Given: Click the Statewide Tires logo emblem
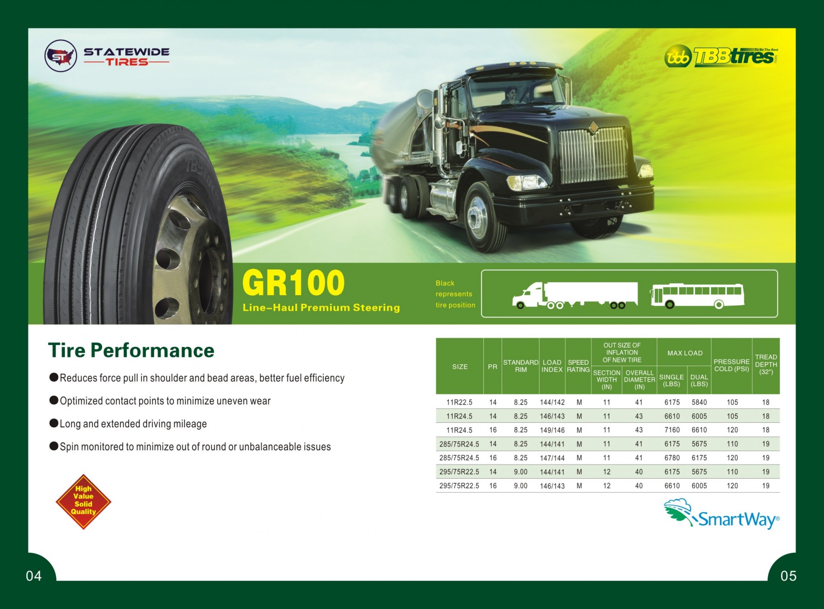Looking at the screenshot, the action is coord(61,56).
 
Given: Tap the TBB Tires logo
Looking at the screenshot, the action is coord(721,57).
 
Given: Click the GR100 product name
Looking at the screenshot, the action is coord(293,283).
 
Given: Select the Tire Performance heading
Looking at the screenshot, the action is coord(131,350).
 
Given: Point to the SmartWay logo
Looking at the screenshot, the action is coord(721,514).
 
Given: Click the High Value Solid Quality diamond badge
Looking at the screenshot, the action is coord(83,501).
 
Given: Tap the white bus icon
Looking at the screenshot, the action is coord(697,296).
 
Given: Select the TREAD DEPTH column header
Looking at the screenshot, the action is coord(766,365).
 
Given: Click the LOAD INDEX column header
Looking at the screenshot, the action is coord(552,366).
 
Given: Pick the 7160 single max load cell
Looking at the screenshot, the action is coord(672,430).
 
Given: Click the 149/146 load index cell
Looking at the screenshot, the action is coord(552,430).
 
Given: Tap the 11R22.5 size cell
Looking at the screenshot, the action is coord(459,402).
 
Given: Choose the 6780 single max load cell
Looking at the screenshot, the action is coord(672,458).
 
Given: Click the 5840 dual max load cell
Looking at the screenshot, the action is coord(699,402).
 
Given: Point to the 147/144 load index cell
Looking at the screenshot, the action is coord(552,458).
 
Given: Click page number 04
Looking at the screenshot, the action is coord(34,576).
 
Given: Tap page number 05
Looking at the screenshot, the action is coord(788,576).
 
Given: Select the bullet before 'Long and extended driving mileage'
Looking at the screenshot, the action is coord(54,423).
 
